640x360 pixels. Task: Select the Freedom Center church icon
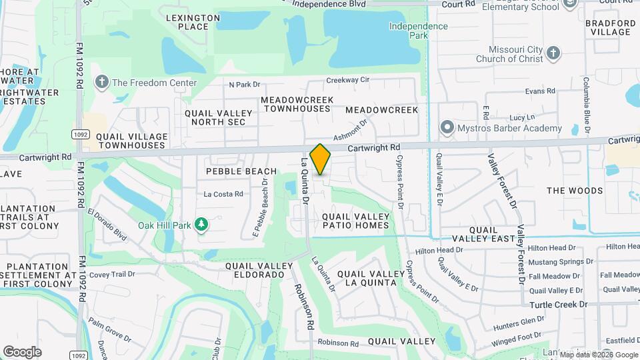click(x=101, y=83)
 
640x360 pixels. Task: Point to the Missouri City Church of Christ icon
click(x=553, y=53)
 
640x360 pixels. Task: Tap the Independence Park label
click(x=419, y=31)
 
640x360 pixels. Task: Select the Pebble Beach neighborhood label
click(x=232, y=171)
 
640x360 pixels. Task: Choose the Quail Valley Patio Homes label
click(x=356, y=221)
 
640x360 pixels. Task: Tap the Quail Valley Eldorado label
click(x=259, y=270)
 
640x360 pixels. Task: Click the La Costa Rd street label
click(x=223, y=195)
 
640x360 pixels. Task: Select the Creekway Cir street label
click(x=347, y=80)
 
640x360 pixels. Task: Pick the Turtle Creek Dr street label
click(x=559, y=304)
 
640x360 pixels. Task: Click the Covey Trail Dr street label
click(x=112, y=273)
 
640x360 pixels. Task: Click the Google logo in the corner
click(x=22, y=352)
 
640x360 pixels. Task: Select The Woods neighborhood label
click(x=575, y=191)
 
